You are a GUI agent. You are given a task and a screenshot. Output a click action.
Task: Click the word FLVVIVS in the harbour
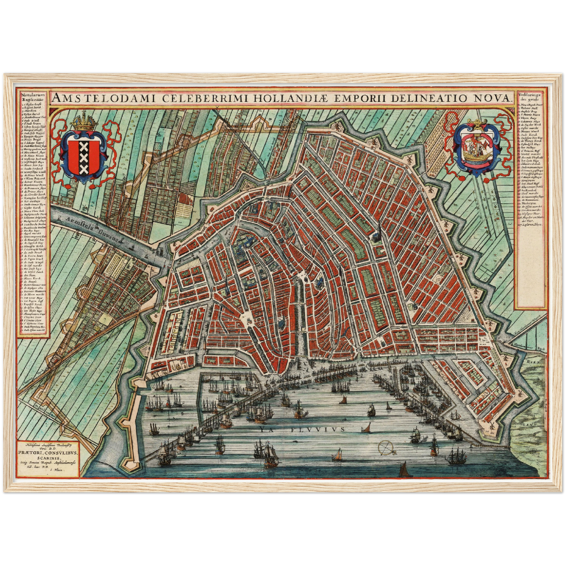(318, 429)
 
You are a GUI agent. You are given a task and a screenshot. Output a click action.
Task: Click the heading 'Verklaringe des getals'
(529, 97)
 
